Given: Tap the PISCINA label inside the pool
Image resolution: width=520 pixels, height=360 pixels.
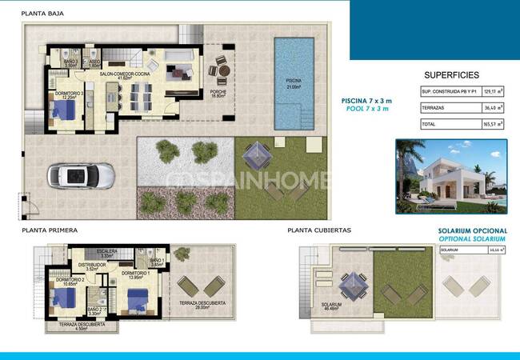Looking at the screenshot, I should pyautogui.click(x=294, y=83).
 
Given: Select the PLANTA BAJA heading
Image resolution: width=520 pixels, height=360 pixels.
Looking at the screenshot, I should pyautogui.click(x=44, y=14).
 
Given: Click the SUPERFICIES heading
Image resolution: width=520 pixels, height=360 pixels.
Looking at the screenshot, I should pyautogui.click(x=451, y=74).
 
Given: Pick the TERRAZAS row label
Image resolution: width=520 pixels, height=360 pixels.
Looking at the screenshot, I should pyautogui.click(x=434, y=107).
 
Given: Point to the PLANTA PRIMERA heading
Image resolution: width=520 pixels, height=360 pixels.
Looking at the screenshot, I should pyautogui.click(x=50, y=230).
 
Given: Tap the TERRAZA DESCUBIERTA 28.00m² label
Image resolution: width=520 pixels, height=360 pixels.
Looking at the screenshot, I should pyautogui.click(x=202, y=305).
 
